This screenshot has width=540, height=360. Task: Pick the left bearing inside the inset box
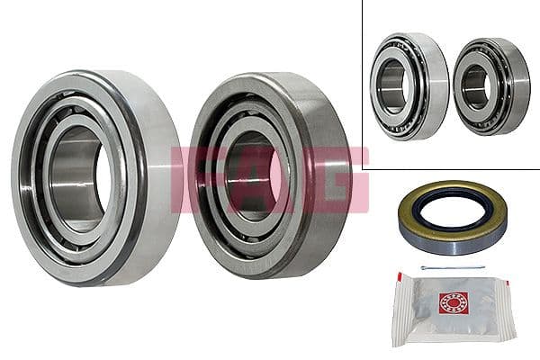[409, 86]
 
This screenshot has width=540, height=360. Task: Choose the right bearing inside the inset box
[490, 86]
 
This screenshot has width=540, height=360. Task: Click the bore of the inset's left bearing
[393, 87]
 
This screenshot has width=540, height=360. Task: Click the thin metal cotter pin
[454, 267]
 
